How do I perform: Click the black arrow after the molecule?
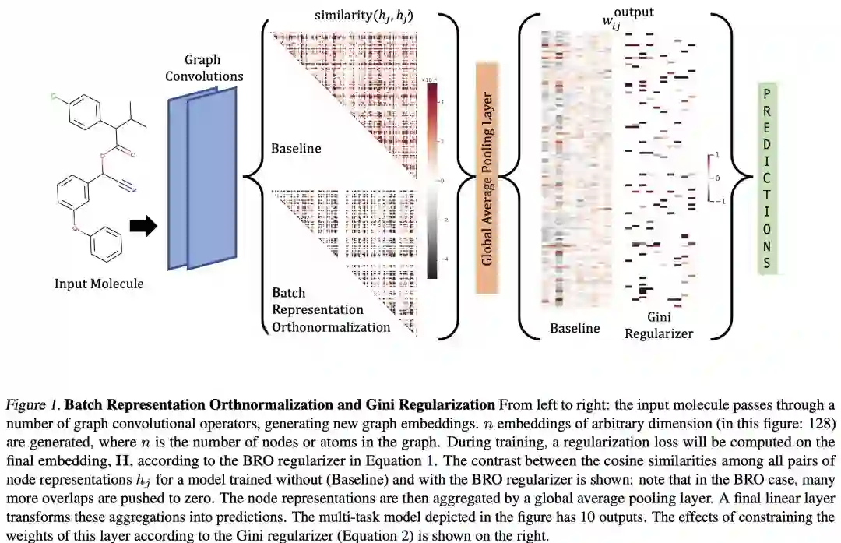(143, 226)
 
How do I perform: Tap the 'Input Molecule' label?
(99, 284)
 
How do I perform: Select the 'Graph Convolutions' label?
(204, 68)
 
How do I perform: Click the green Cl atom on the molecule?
(54, 98)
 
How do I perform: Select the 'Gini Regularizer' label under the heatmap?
(659, 326)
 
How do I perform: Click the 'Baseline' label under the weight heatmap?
(575, 328)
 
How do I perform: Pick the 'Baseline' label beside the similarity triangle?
(296, 147)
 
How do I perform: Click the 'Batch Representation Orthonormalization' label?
(330, 310)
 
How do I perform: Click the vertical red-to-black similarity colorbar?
(432, 179)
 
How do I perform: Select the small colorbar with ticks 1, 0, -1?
(709, 178)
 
